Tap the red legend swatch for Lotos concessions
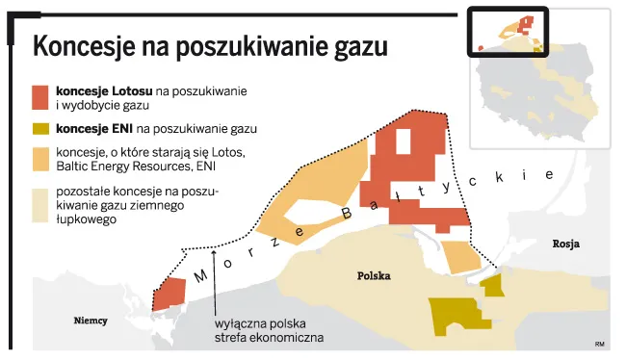point(39,96)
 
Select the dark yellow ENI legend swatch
point(39,128)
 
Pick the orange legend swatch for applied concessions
point(39,159)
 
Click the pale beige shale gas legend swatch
point(39,204)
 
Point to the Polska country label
point(373,275)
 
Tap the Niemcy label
point(91,321)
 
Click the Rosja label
point(565,244)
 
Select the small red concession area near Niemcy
point(170,293)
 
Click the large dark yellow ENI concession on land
point(454,314)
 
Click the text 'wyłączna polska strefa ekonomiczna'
point(269,331)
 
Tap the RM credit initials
point(599,344)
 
